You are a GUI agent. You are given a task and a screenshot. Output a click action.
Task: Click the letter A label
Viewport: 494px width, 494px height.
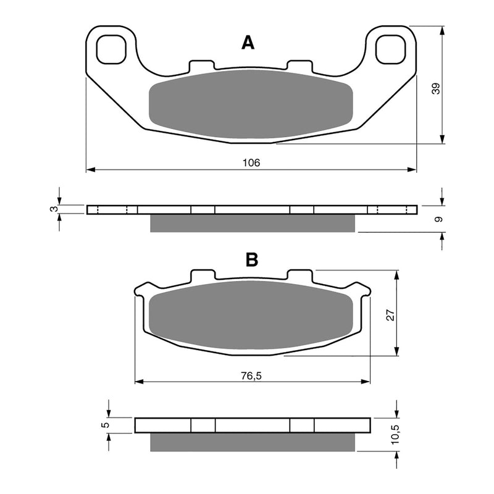pos(248,43)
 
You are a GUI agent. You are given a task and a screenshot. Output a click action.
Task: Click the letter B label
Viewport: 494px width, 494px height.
pos(251,260)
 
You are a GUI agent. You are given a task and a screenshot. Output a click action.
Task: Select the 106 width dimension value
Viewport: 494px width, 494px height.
pos(251,162)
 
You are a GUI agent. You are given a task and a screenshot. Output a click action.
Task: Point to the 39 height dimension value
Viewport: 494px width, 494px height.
pos(436,88)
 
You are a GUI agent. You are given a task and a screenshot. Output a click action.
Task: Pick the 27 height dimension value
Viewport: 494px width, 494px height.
pos(389,314)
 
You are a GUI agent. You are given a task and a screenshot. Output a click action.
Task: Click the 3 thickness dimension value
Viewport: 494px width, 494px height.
pos(53,209)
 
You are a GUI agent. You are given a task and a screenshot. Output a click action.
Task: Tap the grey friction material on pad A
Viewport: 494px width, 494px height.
pos(251,104)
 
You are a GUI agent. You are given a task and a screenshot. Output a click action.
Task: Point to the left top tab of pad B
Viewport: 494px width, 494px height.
pos(203,275)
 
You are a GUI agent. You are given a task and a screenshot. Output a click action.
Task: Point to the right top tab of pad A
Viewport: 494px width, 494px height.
pos(301,65)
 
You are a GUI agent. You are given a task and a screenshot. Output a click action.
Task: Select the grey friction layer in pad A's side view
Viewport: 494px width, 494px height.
pos(253,223)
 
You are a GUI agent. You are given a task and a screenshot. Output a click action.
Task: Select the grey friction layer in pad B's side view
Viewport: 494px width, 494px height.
pos(253,442)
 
